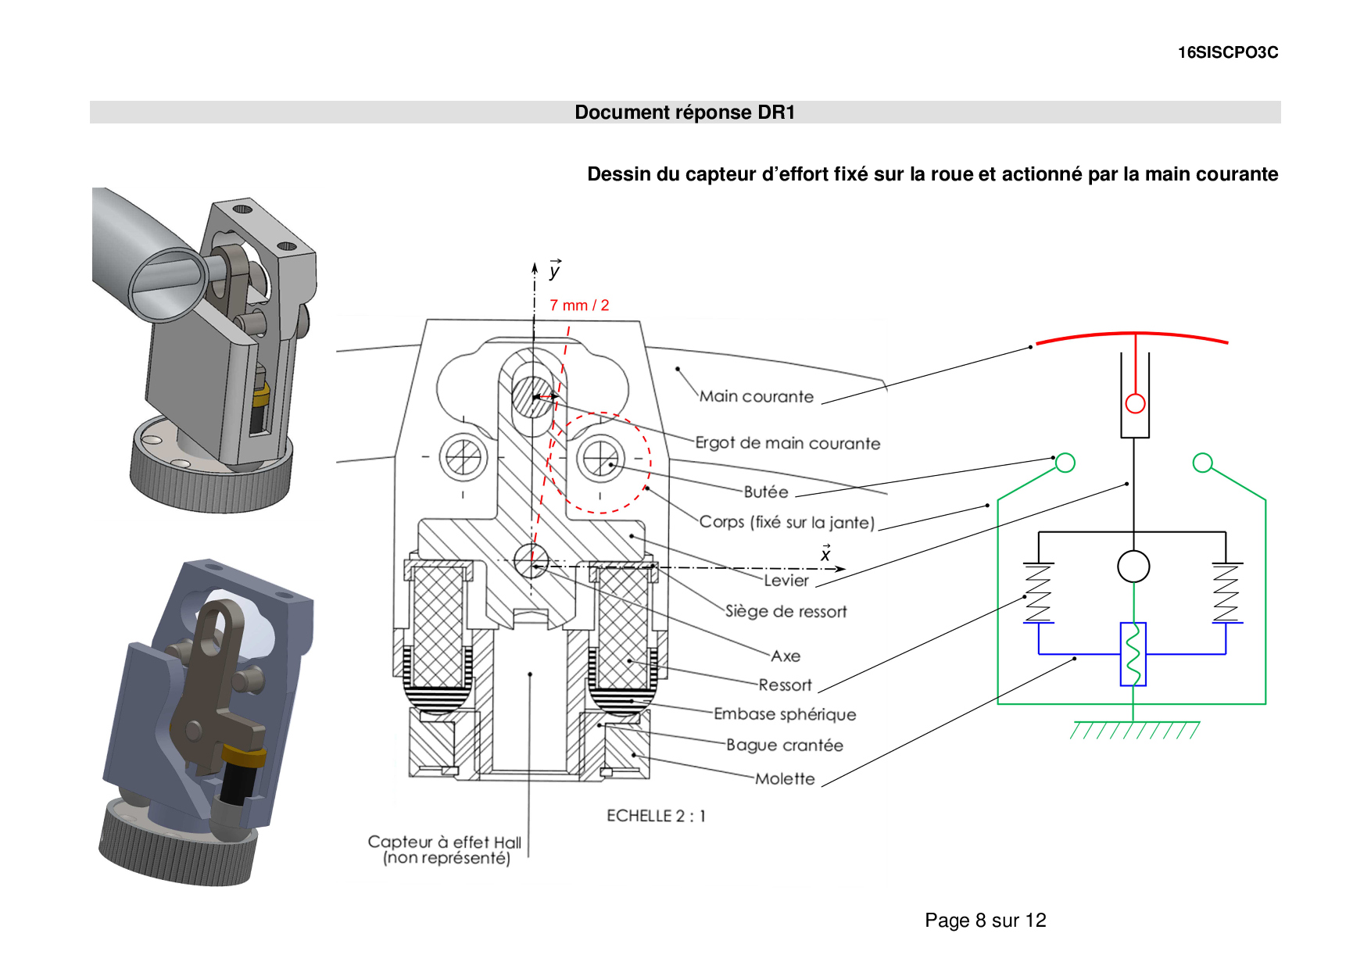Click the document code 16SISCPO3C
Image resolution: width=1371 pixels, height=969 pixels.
pyautogui.click(x=1227, y=52)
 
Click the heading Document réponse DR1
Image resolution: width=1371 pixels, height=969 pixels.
pyautogui.click(x=685, y=113)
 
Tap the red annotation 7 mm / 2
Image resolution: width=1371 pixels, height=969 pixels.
pyautogui.click(x=578, y=306)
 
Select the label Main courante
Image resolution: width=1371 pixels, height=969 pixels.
pyautogui.click(x=756, y=397)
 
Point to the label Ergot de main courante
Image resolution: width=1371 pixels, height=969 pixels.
pyautogui.click(x=787, y=444)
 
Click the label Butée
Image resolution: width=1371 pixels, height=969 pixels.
pyautogui.click(x=765, y=492)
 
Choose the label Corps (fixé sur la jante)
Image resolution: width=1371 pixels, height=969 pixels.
pyautogui.click(x=786, y=523)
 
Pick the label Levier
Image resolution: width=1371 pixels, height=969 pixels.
pyautogui.click(x=786, y=581)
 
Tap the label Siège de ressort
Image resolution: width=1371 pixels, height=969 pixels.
pyautogui.click(x=786, y=612)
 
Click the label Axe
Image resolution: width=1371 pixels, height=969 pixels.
pyautogui.click(x=785, y=656)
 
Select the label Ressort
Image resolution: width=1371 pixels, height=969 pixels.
pyautogui.click(x=785, y=685)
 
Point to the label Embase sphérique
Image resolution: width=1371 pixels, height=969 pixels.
pyautogui.click(x=784, y=714)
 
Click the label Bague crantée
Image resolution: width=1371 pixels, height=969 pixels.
pyautogui.click(x=784, y=746)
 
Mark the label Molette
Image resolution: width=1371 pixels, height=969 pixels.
pyautogui.click(x=784, y=779)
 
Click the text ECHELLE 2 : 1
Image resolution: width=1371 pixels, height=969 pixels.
pyautogui.click(x=656, y=816)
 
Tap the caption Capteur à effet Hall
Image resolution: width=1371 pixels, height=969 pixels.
pyautogui.click(x=444, y=842)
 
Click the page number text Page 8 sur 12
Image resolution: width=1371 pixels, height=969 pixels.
pyautogui.click(x=985, y=921)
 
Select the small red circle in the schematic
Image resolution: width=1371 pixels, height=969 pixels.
pyautogui.click(x=1135, y=403)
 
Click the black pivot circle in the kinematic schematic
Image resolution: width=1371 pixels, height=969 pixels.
pyautogui.click(x=1133, y=567)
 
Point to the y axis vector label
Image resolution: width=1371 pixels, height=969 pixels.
pyautogui.click(x=554, y=270)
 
